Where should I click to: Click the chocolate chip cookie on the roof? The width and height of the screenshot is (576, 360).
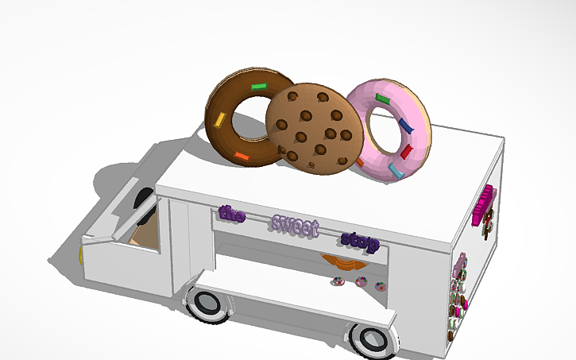tap(311, 127)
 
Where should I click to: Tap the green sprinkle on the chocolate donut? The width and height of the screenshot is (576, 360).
tap(259, 86)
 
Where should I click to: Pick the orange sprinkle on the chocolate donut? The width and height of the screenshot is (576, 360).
tap(242, 156)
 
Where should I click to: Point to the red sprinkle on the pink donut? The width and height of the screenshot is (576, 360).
tap(407, 150)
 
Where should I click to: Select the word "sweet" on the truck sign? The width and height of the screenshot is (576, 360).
tap(295, 226)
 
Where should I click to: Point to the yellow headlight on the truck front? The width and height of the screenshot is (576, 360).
tap(81, 256)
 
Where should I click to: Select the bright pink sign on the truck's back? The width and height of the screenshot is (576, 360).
tap(483, 204)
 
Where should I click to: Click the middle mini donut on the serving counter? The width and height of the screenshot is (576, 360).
tap(361, 281)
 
